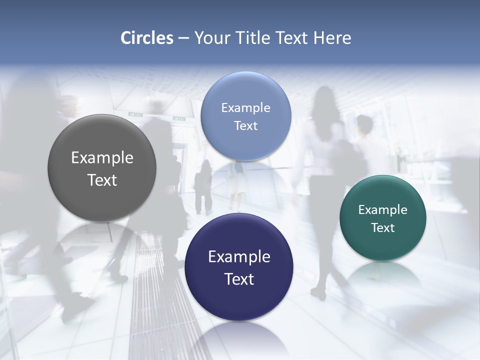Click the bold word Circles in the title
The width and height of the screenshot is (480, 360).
(146, 38)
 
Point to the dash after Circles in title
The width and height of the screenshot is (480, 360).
(183, 38)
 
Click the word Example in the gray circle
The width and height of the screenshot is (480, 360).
(102, 157)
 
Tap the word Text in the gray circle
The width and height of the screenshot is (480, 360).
(102, 180)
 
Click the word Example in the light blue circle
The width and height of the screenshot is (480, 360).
(245, 107)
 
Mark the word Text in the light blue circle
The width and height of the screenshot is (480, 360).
(245, 125)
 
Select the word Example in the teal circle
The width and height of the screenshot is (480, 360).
(383, 209)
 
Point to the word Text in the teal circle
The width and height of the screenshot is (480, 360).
(383, 227)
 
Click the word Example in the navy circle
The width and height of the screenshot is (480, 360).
(239, 256)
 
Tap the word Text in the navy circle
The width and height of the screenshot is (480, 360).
(239, 279)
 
